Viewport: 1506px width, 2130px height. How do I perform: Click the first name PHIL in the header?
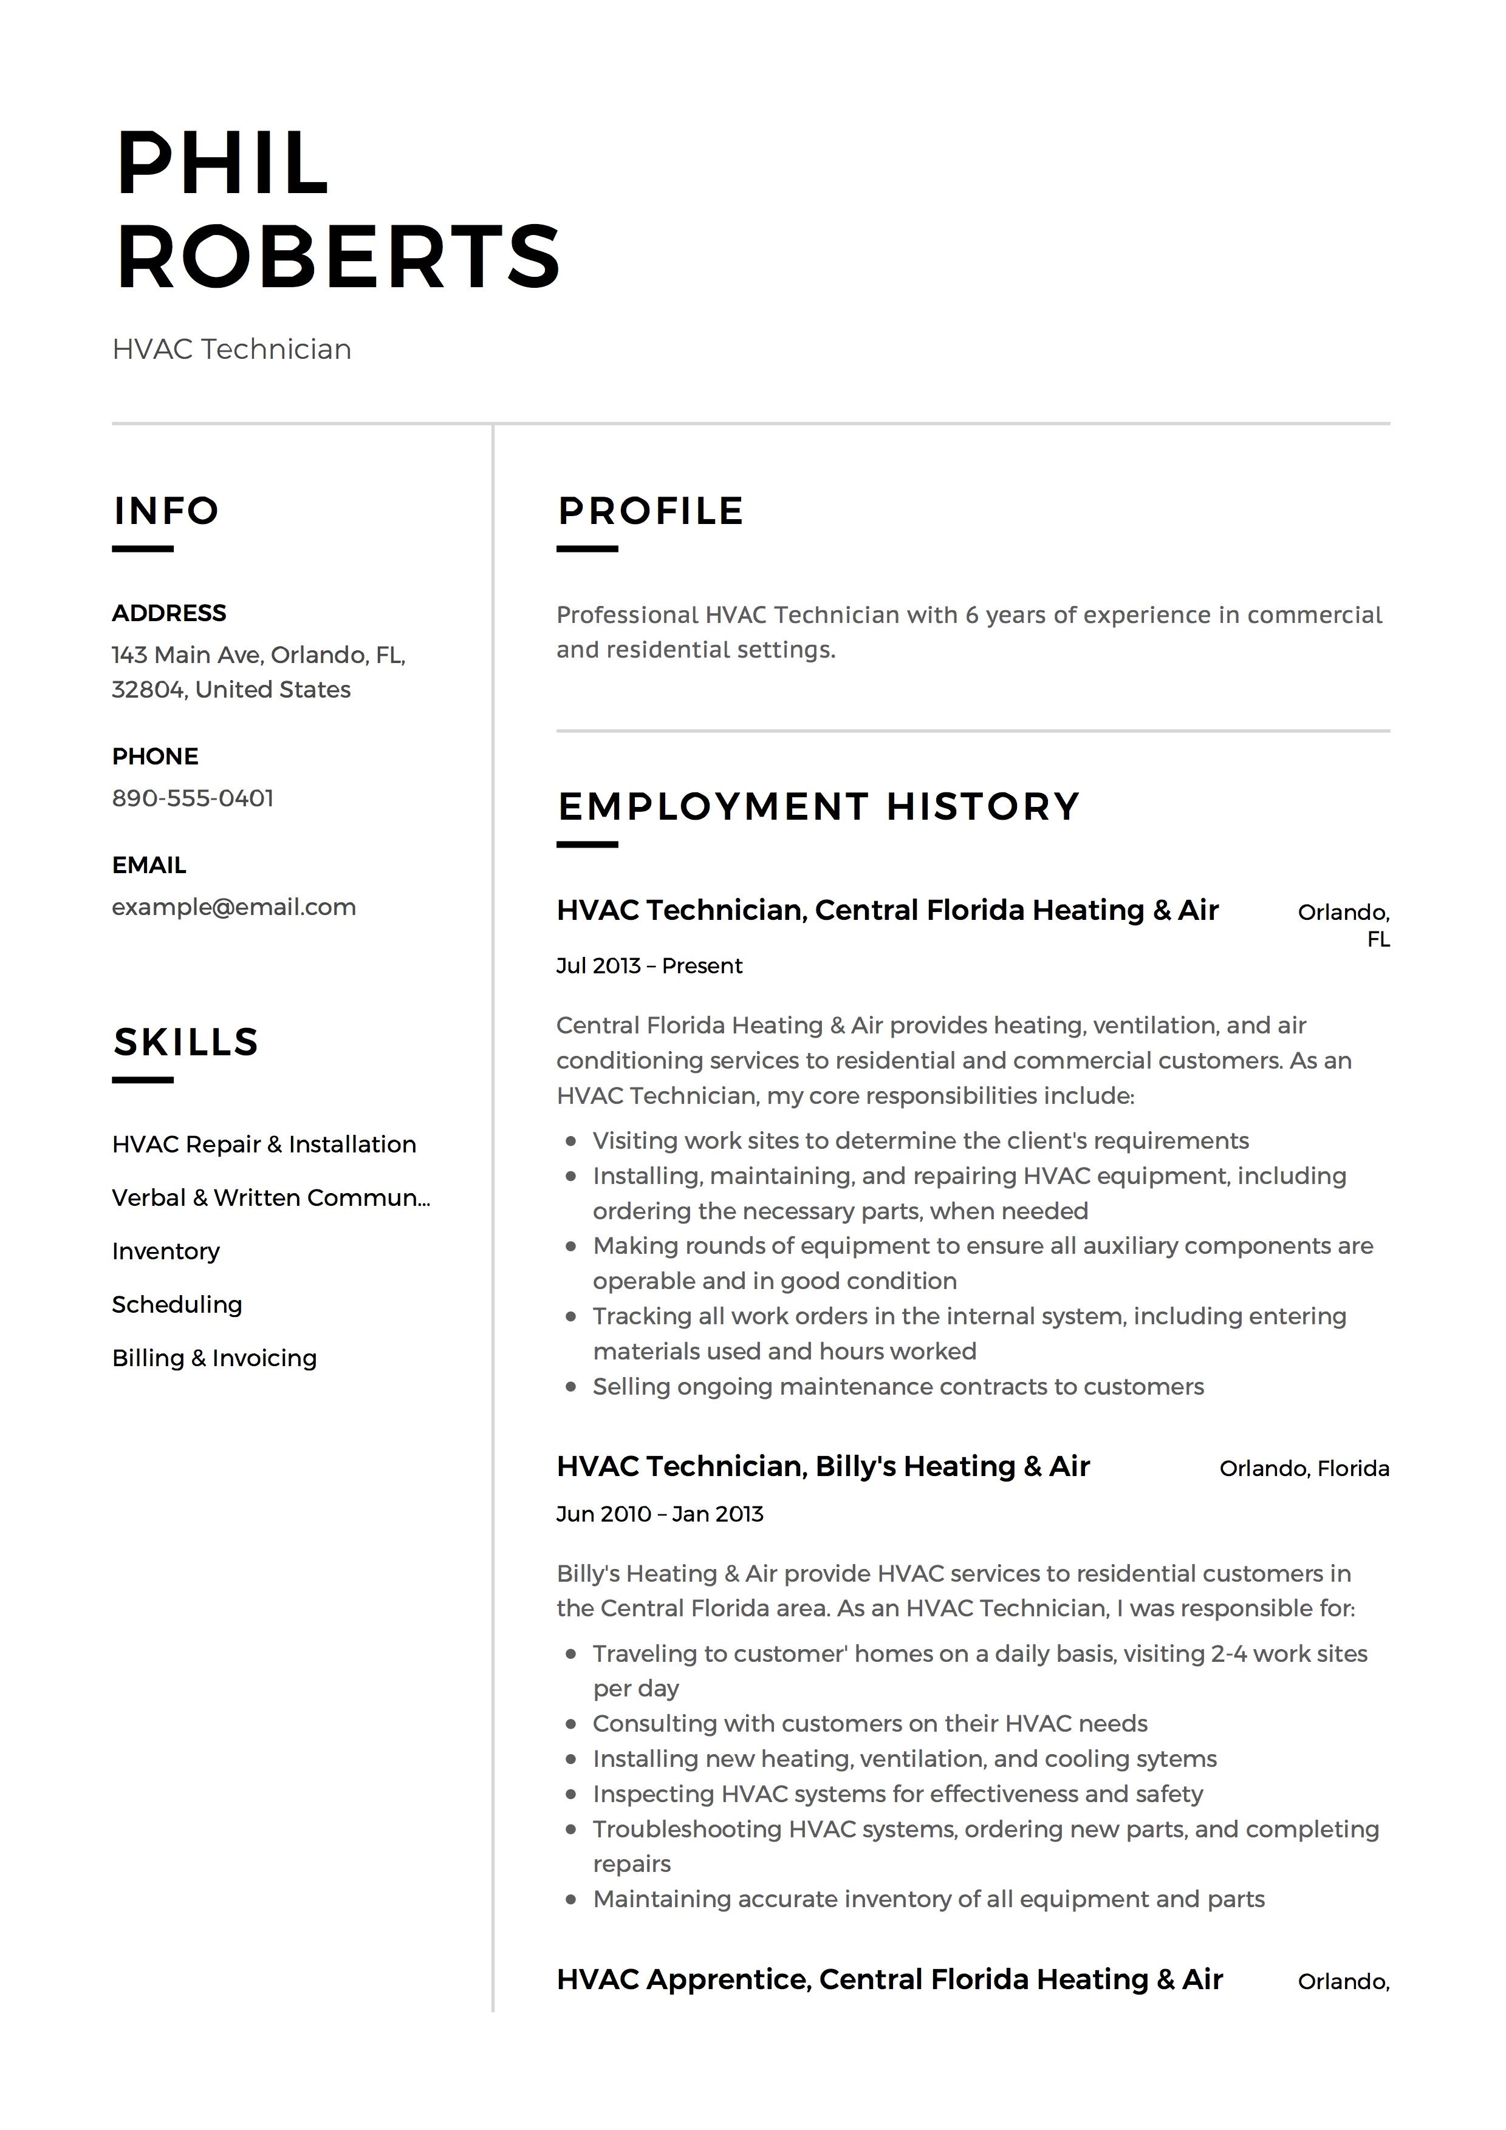[223, 164]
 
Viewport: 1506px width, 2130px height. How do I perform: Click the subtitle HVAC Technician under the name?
[232, 350]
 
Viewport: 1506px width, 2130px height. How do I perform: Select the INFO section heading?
[166, 511]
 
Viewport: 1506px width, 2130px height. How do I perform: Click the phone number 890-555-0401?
[193, 799]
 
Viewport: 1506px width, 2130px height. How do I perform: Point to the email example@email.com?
[234, 907]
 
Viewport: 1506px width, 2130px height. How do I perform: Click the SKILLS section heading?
[185, 1043]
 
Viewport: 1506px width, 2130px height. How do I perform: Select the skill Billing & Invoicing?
[214, 1358]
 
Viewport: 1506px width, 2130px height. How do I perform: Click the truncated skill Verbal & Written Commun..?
[271, 1199]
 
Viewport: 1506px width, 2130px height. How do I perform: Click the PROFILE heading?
[651, 511]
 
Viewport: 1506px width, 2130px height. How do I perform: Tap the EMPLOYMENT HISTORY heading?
[818, 806]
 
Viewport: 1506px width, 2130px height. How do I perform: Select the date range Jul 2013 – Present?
[649, 967]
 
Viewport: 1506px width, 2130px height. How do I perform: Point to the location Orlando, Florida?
[1304, 1469]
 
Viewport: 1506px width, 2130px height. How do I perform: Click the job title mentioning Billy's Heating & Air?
[823, 1467]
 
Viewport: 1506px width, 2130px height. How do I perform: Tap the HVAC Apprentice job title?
[889, 1979]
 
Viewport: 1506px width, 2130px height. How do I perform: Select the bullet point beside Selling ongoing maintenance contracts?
[572, 1388]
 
